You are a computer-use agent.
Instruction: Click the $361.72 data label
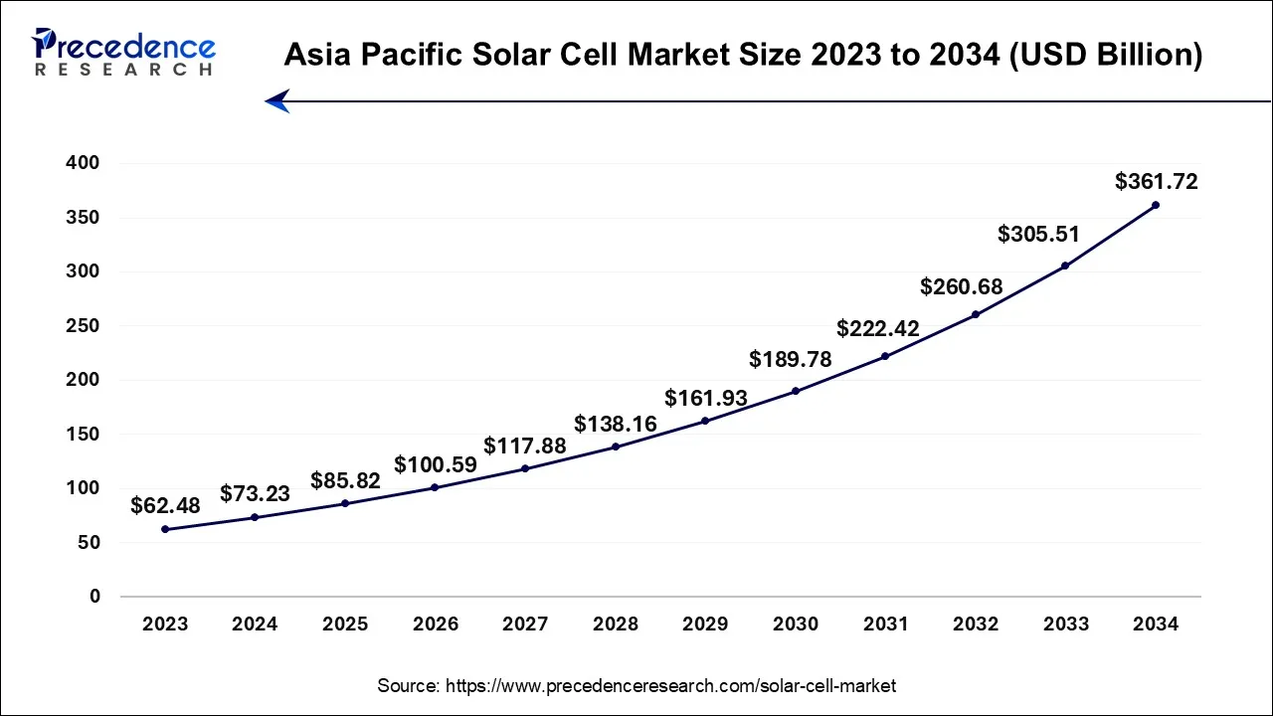[x=1156, y=182]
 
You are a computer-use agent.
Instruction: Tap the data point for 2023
[x=165, y=529]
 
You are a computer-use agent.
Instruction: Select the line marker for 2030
[x=796, y=391]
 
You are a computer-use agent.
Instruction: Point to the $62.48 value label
[x=165, y=506]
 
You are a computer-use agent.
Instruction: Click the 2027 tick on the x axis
[x=525, y=625]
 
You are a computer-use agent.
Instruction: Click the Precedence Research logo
[x=123, y=53]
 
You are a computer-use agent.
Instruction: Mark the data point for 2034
[x=1156, y=205]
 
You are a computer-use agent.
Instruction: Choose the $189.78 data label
[x=791, y=359]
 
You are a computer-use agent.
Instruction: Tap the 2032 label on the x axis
[x=976, y=625]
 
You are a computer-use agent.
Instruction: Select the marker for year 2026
[x=436, y=487]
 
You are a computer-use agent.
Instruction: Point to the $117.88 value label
[x=525, y=447]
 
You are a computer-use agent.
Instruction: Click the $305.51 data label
[x=1038, y=235]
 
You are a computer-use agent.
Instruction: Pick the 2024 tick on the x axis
[x=255, y=625]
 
